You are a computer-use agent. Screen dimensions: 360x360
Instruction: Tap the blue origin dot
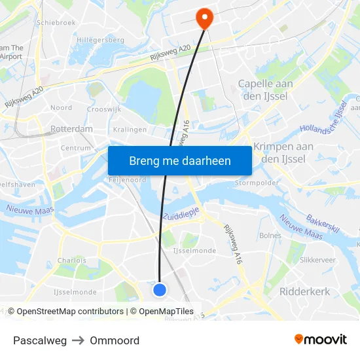[x=160, y=289]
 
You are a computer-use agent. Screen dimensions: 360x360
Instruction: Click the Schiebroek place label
[x=57, y=22]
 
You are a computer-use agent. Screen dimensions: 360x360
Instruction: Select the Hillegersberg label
[x=100, y=40]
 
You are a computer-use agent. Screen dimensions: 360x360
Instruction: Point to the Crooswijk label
[x=104, y=109]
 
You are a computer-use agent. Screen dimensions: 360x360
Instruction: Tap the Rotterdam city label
[x=71, y=129]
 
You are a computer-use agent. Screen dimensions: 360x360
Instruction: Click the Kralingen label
[x=130, y=130]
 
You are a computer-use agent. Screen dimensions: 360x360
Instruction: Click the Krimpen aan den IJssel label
[x=283, y=153]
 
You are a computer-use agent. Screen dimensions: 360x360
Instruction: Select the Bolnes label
[x=270, y=235]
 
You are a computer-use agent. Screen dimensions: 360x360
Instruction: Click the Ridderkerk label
[x=304, y=292]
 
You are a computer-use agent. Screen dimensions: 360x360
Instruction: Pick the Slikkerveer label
[x=317, y=260]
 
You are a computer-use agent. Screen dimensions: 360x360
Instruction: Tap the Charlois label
[x=71, y=260]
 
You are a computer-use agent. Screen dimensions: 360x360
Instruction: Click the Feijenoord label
[x=127, y=179]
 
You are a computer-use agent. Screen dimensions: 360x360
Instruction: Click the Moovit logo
[x=321, y=339]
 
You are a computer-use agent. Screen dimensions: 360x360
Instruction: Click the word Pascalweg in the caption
[x=40, y=340]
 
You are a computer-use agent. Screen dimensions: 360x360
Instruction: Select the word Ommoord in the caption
[x=115, y=340]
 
